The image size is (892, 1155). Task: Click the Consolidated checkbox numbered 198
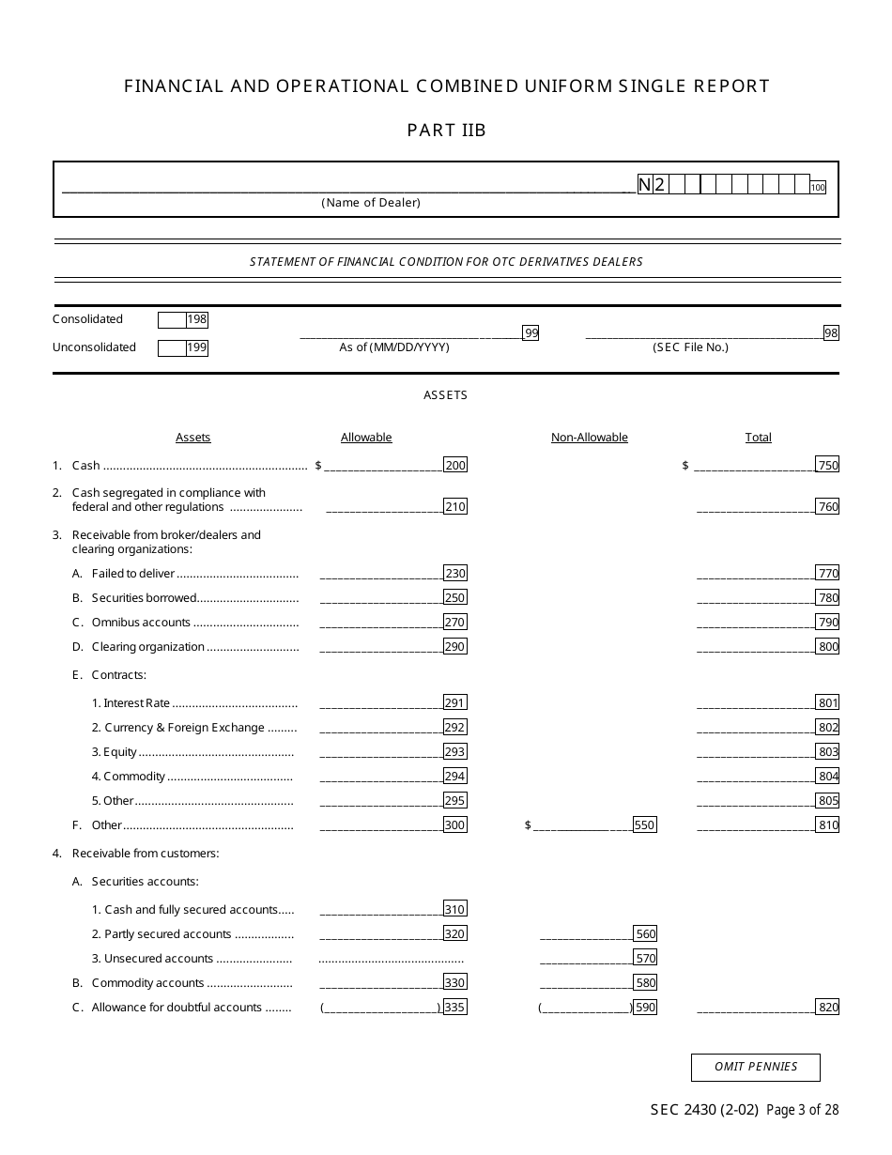pyautogui.click(x=172, y=319)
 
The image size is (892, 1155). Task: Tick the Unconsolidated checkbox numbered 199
pyautogui.click(x=172, y=348)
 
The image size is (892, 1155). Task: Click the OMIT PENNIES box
pyautogui.click(x=755, y=1067)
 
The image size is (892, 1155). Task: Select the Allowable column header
pyautogui.click(x=366, y=438)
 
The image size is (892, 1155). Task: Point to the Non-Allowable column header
pyautogui.click(x=589, y=438)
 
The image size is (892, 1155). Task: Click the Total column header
pyautogui.click(x=758, y=438)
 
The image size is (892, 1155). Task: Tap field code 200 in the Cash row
pyautogui.click(x=455, y=465)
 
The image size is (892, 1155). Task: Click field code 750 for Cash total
pyautogui.click(x=827, y=465)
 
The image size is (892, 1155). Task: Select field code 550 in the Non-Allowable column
pyautogui.click(x=644, y=825)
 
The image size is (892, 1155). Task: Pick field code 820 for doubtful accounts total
pyautogui.click(x=827, y=1008)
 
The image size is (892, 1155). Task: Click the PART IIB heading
pyautogui.click(x=446, y=131)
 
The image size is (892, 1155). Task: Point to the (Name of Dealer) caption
pyautogui.click(x=371, y=203)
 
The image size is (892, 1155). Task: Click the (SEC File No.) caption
pyautogui.click(x=690, y=347)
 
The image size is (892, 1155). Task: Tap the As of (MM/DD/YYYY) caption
pyautogui.click(x=394, y=347)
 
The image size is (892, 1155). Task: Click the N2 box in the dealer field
pyautogui.click(x=652, y=185)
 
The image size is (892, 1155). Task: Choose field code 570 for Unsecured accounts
pyautogui.click(x=645, y=959)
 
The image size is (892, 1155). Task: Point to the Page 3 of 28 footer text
pyautogui.click(x=803, y=1110)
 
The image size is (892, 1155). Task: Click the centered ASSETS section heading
pyautogui.click(x=445, y=395)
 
